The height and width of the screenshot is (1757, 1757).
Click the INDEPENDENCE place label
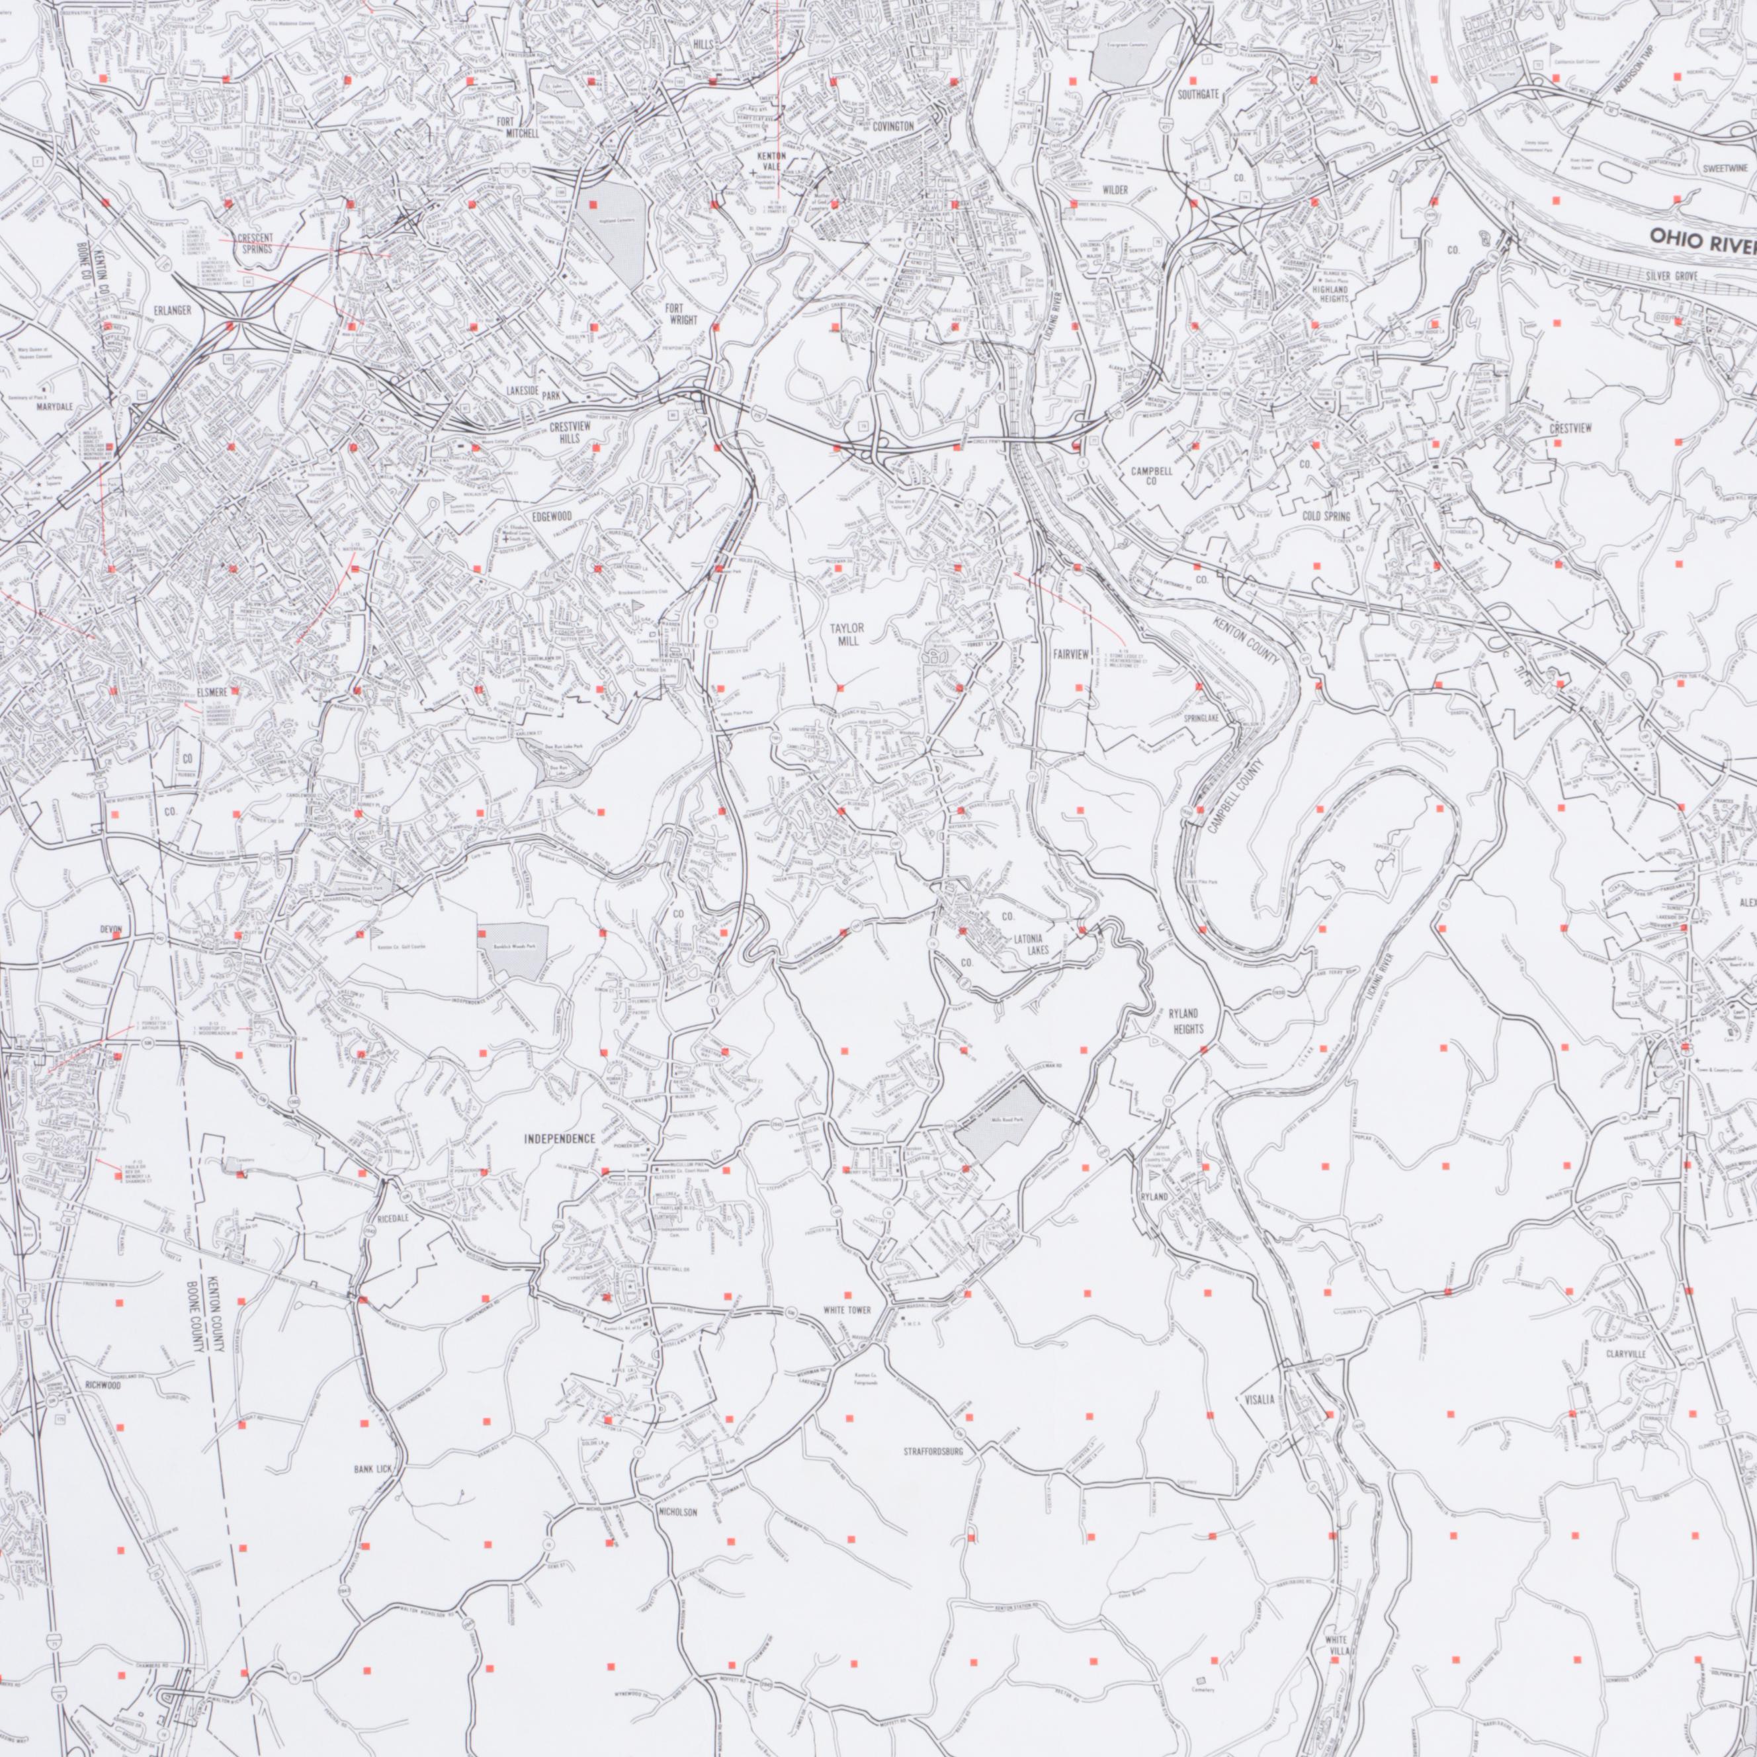pos(559,1138)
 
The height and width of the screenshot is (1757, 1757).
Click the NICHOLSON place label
pos(677,1512)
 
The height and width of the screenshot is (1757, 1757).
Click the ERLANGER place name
pos(173,311)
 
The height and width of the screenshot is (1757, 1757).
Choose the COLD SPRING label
pos(1325,517)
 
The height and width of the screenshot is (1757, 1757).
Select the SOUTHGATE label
pos(1198,95)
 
